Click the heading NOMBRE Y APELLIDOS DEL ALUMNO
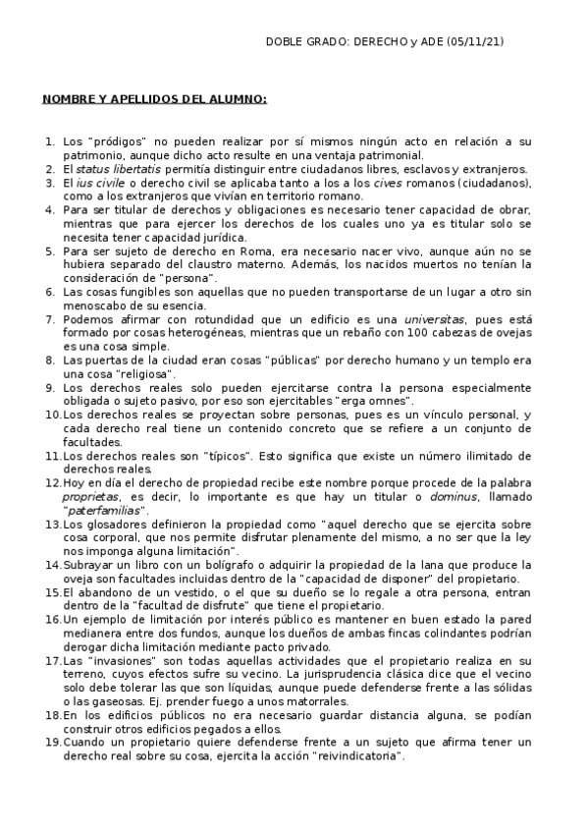click(x=154, y=99)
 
